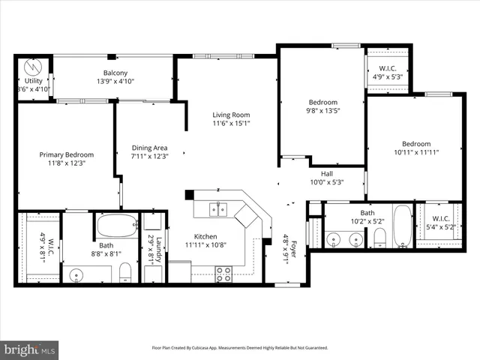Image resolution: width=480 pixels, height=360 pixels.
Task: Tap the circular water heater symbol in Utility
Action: [31, 67]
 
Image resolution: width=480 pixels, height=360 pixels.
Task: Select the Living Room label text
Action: [231, 114]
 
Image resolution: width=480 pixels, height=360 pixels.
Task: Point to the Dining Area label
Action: [149, 148]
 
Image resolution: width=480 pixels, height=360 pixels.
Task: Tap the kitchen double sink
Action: [218, 209]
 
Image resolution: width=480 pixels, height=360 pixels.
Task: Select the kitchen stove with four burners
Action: [223, 274]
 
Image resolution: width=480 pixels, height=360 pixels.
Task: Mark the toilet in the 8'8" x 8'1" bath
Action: [125, 271]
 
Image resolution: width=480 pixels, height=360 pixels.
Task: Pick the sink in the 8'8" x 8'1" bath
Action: [77, 275]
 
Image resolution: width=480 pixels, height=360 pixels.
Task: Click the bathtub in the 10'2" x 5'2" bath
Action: [403, 226]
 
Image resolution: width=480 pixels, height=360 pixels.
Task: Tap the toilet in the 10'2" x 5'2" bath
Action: [379, 238]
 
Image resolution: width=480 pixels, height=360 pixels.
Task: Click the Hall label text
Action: [327, 174]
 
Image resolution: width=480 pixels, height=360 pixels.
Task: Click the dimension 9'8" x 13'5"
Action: [323, 111]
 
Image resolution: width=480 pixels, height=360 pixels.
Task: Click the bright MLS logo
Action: [30, 349]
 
